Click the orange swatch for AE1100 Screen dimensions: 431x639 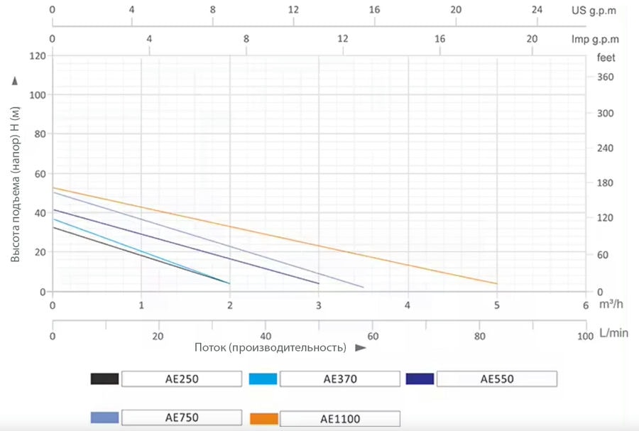pyautogui.click(x=263, y=418)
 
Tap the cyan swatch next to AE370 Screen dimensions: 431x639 pyautogui.click(x=263, y=378)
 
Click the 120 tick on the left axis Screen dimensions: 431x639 pyautogui.click(x=36, y=55)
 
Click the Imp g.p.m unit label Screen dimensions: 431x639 pyautogui.click(x=596, y=39)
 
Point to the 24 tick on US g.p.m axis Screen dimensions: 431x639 pyautogui.click(x=537, y=11)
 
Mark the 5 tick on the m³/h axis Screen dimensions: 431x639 pyautogui.click(x=497, y=305)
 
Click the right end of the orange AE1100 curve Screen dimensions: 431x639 pyautogui.click(x=496, y=283)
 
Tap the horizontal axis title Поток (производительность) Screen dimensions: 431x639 pyautogui.click(x=271, y=348)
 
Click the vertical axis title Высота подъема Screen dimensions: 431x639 pyautogui.click(x=16, y=184)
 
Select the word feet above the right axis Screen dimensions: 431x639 pyautogui.click(x=606, y=58)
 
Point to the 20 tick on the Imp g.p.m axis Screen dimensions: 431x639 pyautogui.click(x=532, y=39)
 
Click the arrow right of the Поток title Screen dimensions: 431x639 pyautogui.click(x=360, y=348)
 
